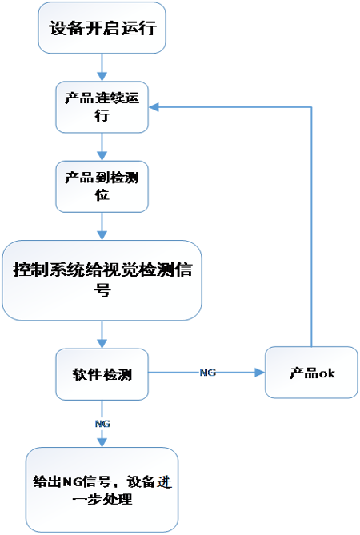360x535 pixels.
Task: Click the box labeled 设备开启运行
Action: coord(102,28)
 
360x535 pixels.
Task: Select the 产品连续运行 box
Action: coord(102,107)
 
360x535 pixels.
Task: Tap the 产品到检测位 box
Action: coord(102,186)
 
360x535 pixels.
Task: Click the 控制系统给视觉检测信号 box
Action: coord(102,280)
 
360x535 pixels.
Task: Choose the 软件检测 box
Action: coord(102,374)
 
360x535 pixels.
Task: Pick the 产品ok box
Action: coord(311,373)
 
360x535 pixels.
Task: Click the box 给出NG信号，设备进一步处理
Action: coord(102,489)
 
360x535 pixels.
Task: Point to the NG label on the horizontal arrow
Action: coord(207,373)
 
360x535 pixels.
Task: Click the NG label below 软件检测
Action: coord(102,424)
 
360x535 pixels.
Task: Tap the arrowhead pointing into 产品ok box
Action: coord(260,373)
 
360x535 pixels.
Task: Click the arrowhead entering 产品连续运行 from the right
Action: coord(154,107)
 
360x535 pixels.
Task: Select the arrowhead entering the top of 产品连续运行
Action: coord(102,77)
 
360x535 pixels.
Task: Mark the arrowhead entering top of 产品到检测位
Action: coord(102,156)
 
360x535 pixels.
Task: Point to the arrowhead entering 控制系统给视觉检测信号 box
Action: coord(102,235)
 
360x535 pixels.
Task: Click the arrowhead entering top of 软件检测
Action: coord(102,344)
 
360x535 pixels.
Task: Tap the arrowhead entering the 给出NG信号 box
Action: coord(102,442)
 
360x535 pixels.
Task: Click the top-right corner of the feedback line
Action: coord(311,107)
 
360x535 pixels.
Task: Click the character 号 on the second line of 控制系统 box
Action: coord(102,290)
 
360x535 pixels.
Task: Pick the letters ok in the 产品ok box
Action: coord(326,373)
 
